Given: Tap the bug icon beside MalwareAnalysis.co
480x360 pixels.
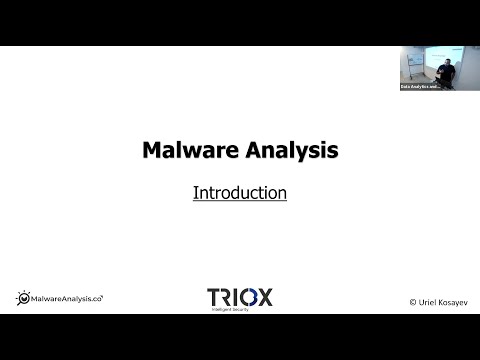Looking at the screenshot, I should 22,297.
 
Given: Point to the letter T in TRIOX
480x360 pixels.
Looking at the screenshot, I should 214,296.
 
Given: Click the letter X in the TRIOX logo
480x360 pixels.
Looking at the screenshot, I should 264,296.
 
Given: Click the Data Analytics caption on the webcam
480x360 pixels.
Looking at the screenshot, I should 420,87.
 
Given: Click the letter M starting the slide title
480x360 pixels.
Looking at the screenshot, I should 151,151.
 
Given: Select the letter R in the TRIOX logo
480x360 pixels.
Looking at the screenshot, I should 228,296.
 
